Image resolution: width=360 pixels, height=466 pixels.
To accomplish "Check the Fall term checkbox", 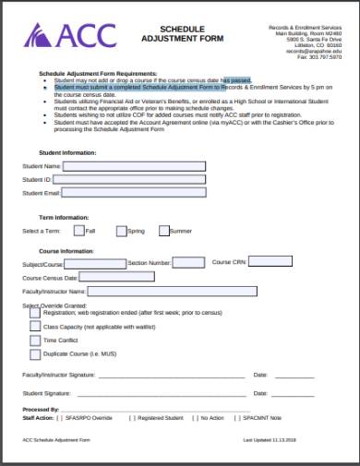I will pos(79,231).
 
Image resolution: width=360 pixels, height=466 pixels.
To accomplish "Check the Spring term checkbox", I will pos(121,231).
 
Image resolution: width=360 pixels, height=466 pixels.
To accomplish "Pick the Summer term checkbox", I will pos(164,231).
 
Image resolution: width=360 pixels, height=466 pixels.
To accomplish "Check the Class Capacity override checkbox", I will pos(35,327).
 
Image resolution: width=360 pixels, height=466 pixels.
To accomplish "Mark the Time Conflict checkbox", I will pos(35,341).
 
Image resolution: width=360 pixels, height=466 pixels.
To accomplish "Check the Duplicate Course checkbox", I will pos(35,354).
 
